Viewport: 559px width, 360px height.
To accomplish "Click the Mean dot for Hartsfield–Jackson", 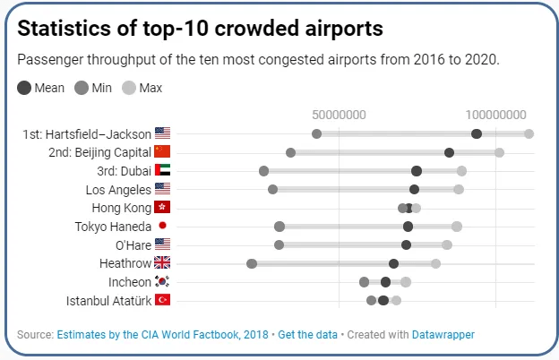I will coord(477,133).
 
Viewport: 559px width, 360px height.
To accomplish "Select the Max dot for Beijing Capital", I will coord(499,152).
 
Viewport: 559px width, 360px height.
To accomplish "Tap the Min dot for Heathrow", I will coord(252,263).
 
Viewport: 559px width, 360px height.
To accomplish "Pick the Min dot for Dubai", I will coord(263,171).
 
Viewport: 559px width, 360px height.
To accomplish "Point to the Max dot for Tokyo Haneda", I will coord(457,227).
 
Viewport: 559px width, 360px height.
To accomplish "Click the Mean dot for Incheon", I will coord(385,282).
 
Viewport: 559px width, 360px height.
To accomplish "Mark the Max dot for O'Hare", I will coord(447,244).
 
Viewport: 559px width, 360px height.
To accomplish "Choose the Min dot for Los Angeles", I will coord(272,189).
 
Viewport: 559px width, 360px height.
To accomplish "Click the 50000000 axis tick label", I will coord(339,115).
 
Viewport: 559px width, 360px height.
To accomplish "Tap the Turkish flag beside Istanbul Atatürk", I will coord(162,300).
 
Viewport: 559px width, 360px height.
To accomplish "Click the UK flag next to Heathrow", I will coord(162,263).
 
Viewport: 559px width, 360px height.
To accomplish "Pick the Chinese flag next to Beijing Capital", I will coord(162,152).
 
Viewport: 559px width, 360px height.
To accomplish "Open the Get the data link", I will coord(307,335).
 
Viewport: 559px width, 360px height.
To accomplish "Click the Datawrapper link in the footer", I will coord(443,335).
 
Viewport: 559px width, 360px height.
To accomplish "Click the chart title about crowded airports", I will coord(201,29).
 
